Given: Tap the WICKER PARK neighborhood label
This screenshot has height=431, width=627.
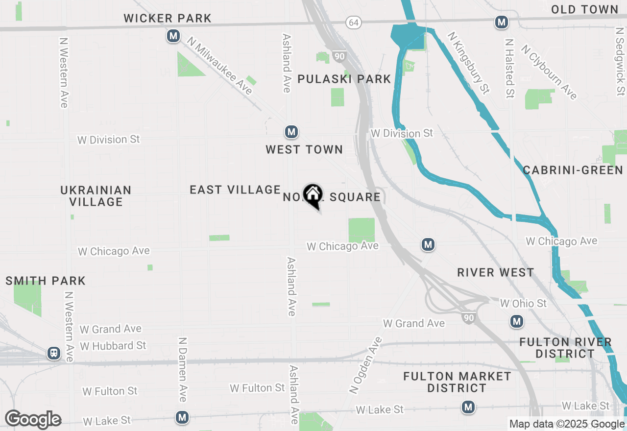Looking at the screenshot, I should coord(168,19).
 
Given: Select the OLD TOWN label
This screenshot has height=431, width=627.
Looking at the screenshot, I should coord(584,9).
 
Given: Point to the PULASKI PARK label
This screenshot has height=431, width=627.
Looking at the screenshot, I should coord(344,79).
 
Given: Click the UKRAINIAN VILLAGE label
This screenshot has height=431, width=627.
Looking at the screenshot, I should coord(96,195).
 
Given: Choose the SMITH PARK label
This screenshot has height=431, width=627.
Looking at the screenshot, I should coord(46,281).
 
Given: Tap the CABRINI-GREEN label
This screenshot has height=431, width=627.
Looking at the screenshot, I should coord(573,170).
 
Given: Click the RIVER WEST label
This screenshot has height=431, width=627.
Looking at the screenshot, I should coord(495,272).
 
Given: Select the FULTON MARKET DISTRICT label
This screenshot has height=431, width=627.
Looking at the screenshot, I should coord(457,382).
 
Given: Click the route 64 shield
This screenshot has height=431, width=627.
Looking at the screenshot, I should coord(353,22).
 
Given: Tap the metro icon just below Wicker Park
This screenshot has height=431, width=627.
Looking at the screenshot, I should coord(173,36).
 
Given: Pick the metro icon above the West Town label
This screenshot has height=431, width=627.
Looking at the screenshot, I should coord(291,132).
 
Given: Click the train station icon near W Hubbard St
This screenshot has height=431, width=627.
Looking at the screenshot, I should coord(54,353).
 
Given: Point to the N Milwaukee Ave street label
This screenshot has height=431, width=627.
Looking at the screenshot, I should coord(222,67).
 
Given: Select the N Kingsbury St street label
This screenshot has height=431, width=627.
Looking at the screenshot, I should coord(469,63).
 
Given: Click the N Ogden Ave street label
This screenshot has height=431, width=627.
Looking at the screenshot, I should coord(365,365).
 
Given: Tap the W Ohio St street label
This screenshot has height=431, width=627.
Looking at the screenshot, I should coord(523,304).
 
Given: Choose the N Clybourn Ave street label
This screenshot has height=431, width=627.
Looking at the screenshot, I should coord(549,72).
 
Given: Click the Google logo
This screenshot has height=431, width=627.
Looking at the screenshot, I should coord(33,420).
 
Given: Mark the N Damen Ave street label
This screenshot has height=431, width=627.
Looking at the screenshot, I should coord(182,369).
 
